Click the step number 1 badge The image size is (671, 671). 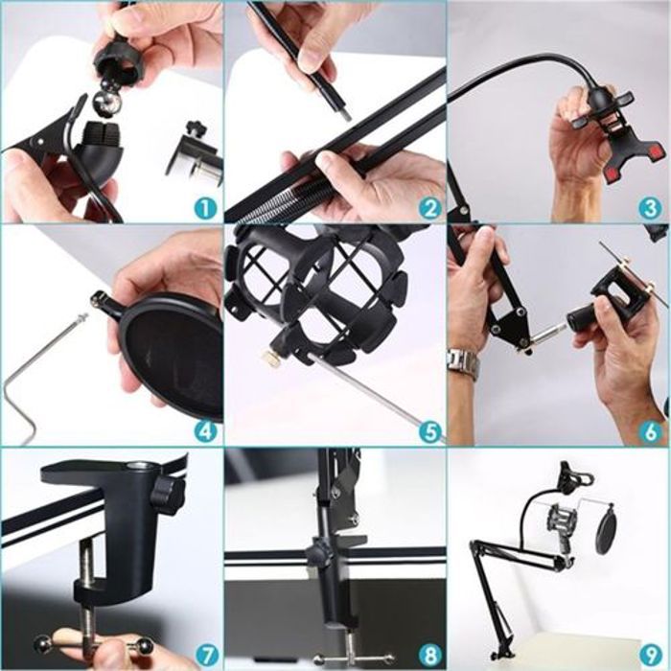pyautogui.click(x=206, y=208)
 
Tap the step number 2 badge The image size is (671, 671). pyautogui.click(x=429, y=208)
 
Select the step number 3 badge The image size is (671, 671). pyautogui.click(x=650, y=208)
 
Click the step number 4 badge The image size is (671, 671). pyautogui.click(x=206, y=431)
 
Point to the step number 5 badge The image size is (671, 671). pyautogui.click(x=429, y=431)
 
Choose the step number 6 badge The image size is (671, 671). pyautogui.click(x=650, y=431)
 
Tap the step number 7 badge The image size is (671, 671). pyautogui.click(x=206, y=655)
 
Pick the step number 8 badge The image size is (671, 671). pyautogui.click(x=429, y=655)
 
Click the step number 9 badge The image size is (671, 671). pyautogui.click(x=650, y=655)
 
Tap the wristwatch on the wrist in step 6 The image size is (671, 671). pyautogui.click(x=462, y=363)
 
